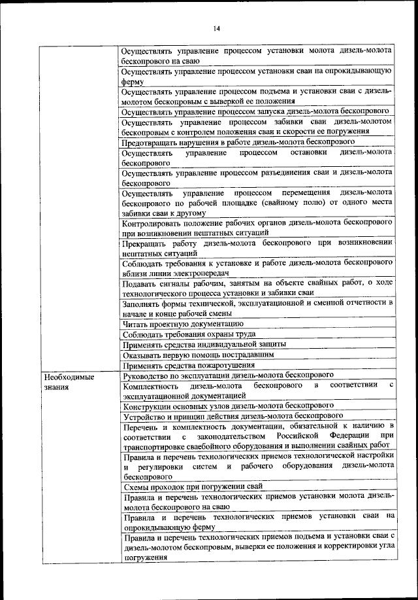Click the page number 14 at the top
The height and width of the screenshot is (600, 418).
pyautogui.click(x=216, y=27)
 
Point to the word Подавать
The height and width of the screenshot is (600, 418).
pyautogui.click(x=139, y=283)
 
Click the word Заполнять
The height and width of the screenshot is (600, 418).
pyautogui.click(x=142, y=303)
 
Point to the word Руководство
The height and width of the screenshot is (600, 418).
pyautogui.click(x=146, y=374)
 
